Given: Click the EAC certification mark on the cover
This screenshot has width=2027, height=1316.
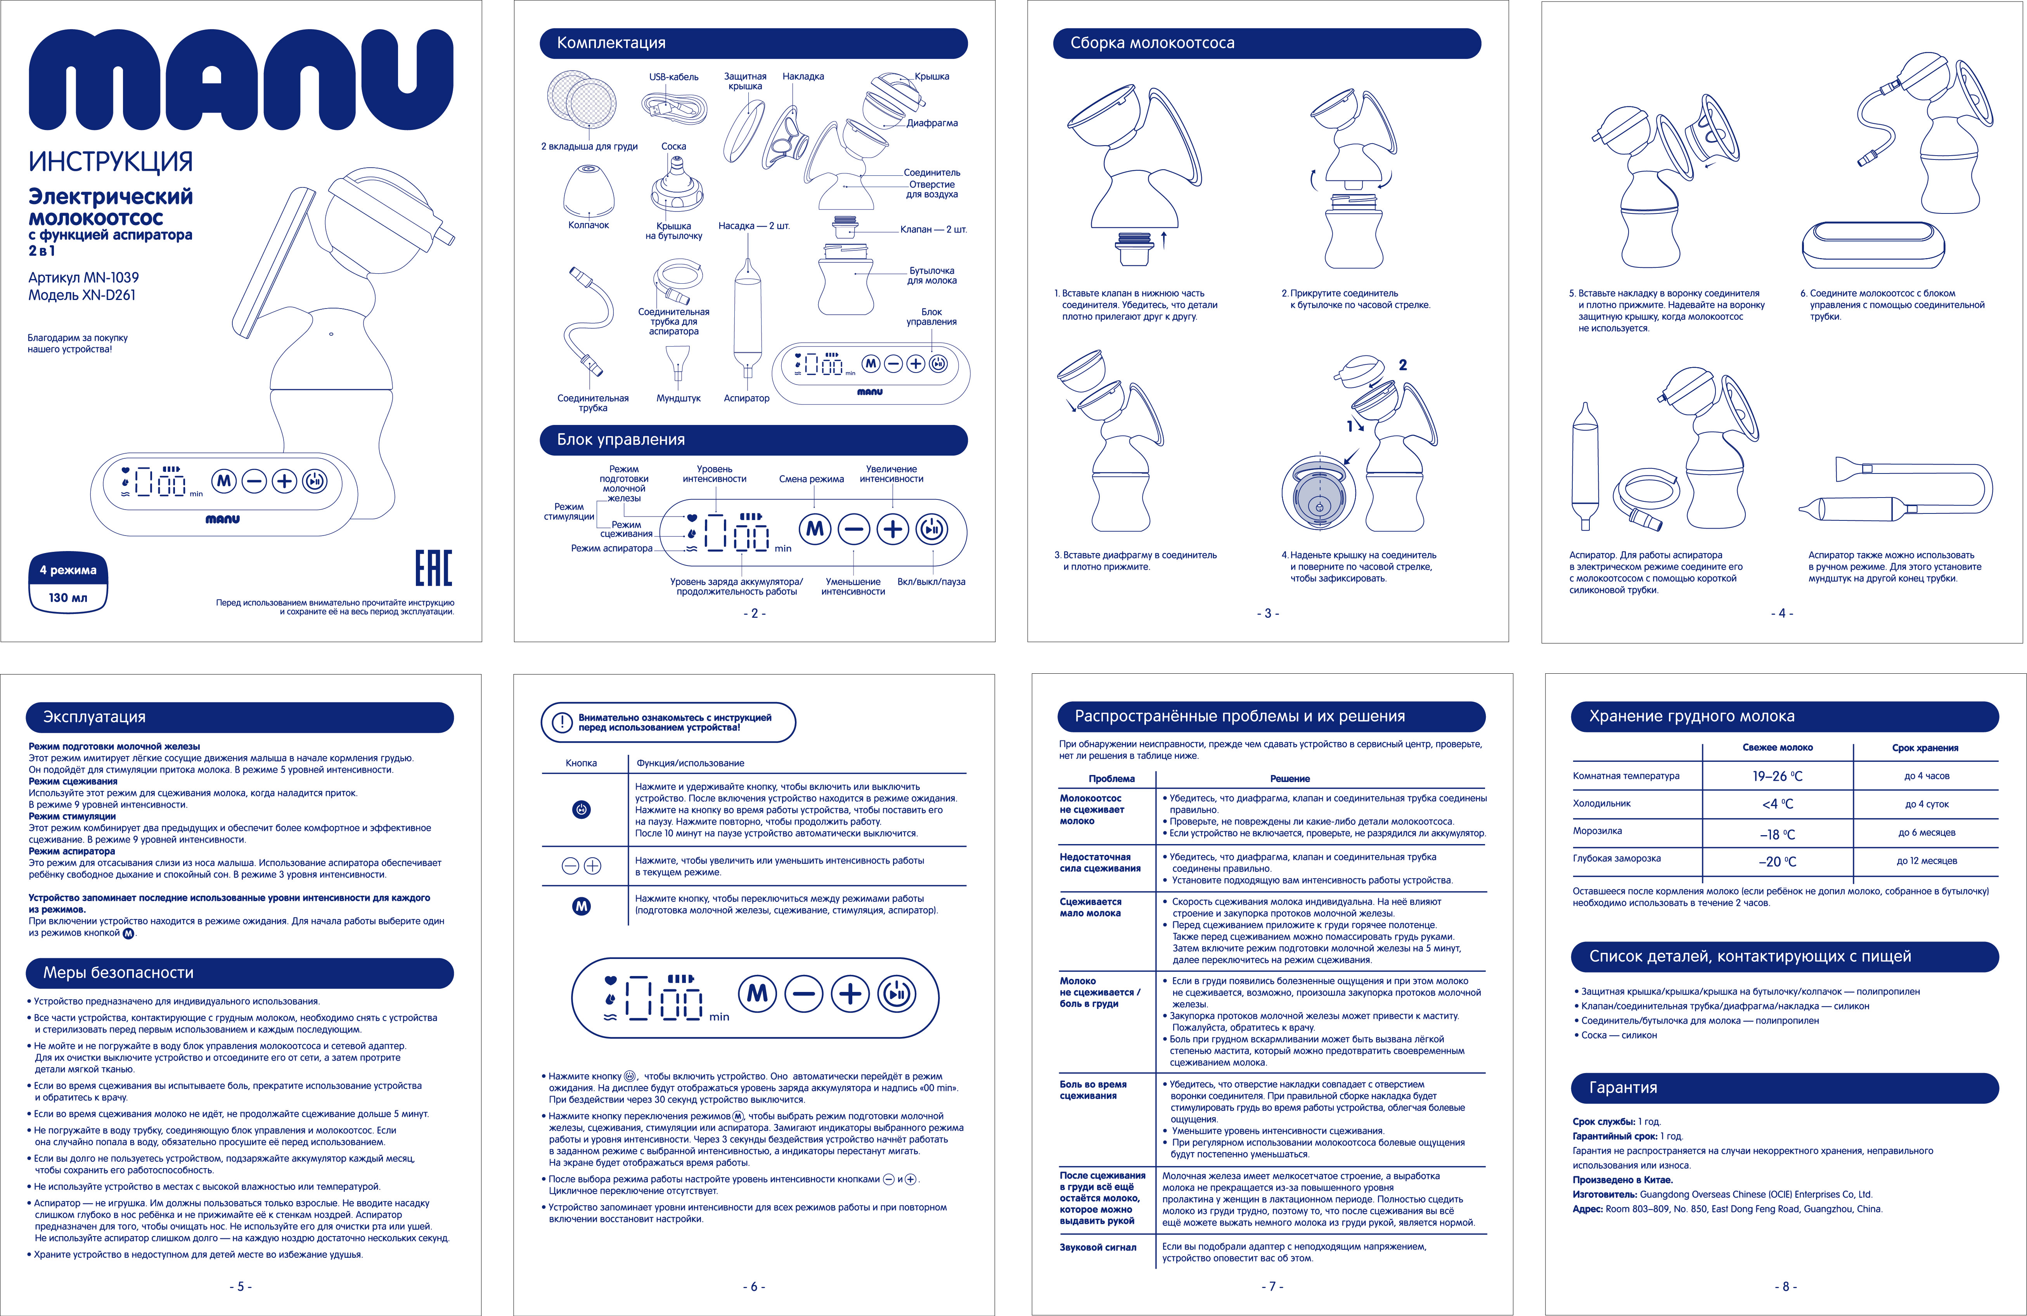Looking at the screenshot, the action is [433, 568].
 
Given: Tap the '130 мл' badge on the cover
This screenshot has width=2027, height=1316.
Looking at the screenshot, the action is [68, 598].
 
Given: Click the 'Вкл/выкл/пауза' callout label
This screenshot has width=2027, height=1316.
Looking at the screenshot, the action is [931, 582].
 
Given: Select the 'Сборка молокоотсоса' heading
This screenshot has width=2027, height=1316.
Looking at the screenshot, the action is [1152, 43].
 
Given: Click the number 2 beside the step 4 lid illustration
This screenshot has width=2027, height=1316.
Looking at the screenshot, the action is [1403, 364].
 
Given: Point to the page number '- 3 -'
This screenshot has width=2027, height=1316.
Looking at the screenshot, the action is [1268, 613].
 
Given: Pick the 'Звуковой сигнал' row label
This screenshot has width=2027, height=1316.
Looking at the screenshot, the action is [1098, 1247].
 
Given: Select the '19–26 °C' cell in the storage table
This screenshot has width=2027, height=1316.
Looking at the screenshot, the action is [1778, 776].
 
